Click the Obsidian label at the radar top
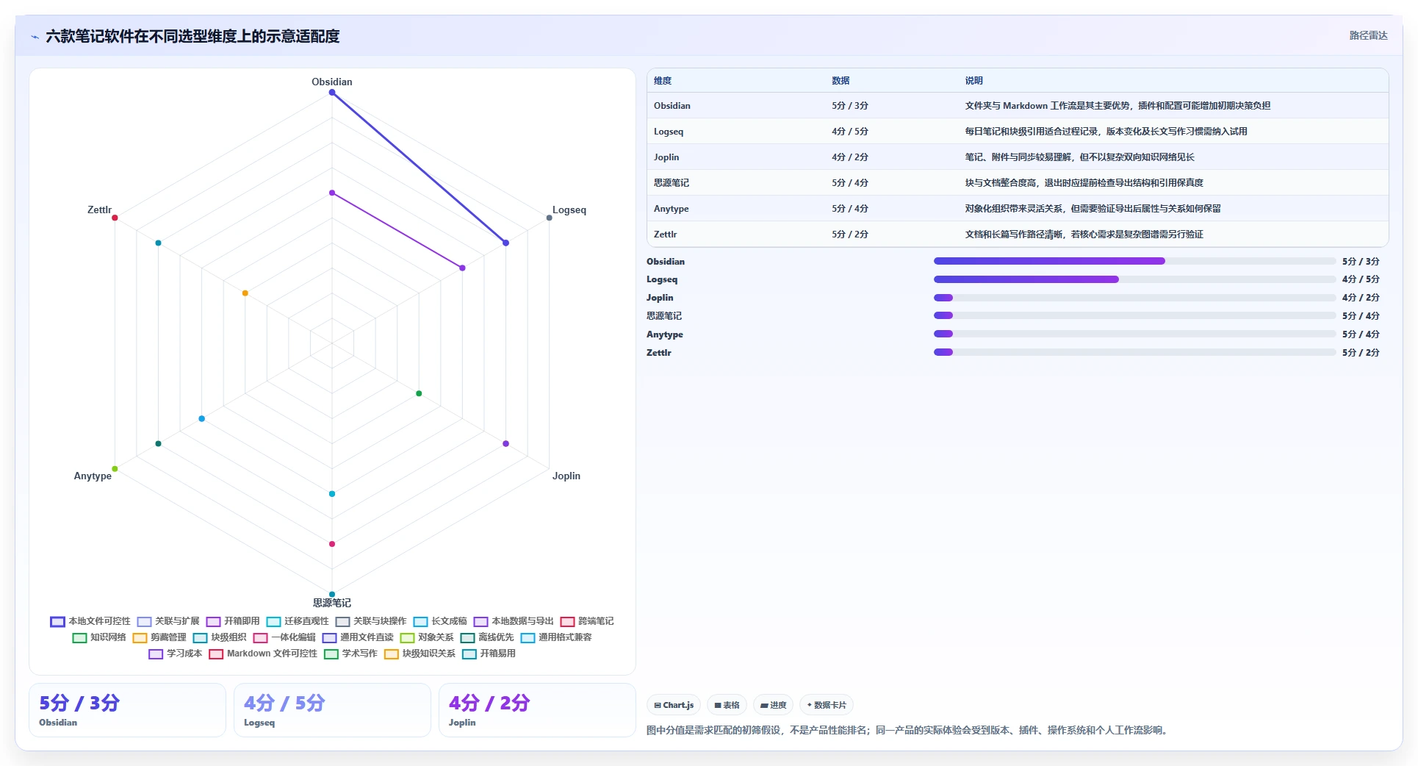[x=331, y=82]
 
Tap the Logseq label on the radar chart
[x=569, y=210]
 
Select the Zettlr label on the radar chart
[x=99, y=210]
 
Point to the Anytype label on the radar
[x=93, y=476]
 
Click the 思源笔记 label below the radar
[x=331, y=603]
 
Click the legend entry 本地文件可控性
[x=90, y=621]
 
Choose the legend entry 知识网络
[x=99, y=637]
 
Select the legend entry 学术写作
[x=350, y=654]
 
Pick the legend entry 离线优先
[x=487, y=637]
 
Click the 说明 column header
[x=973, y=81]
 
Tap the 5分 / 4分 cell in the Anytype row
[x=850, y=209]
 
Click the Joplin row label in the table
[x=666, y=157]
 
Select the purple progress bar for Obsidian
[x=1049, y=261]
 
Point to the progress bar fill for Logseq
[x=1026, y=279]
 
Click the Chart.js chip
[x=674, y=705]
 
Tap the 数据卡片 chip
[x=827, y=705]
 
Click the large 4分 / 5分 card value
[x=284, y=703]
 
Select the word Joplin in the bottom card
[x=462, y=723]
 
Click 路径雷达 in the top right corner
[x=1368, y=35]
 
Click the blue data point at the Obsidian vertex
[x=332, y=93]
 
